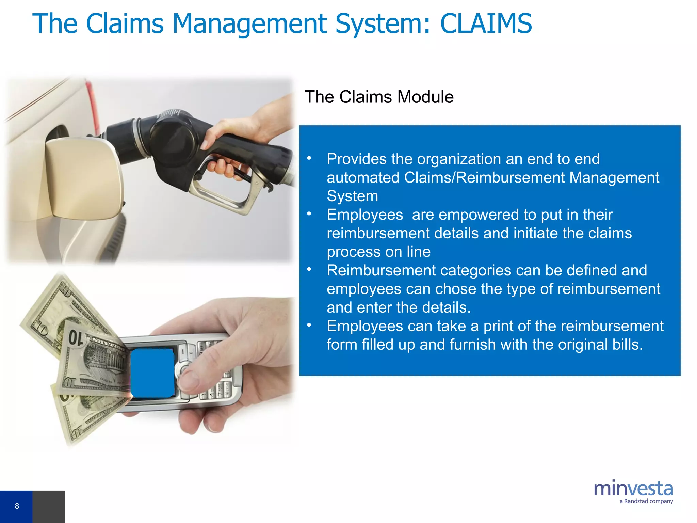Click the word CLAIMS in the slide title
[x=486, y=24]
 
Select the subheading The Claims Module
[x=379, y=97]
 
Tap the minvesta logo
[x=633, y=489]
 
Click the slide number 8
[x=17, y=506]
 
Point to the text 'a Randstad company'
[x=646, y=501]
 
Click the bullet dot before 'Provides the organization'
[x=309, y=158]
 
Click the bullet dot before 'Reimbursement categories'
[x=309, y=269]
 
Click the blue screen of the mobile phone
[x=152, y=373]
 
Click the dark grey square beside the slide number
[x=49, y=507]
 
